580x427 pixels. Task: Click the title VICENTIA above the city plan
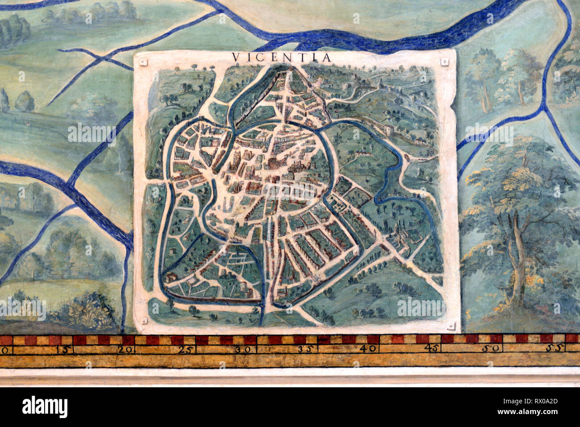282,58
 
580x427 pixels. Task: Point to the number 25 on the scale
187,349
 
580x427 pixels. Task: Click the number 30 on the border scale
243,349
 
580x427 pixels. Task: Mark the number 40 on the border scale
369,349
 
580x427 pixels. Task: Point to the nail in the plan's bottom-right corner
452,324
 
